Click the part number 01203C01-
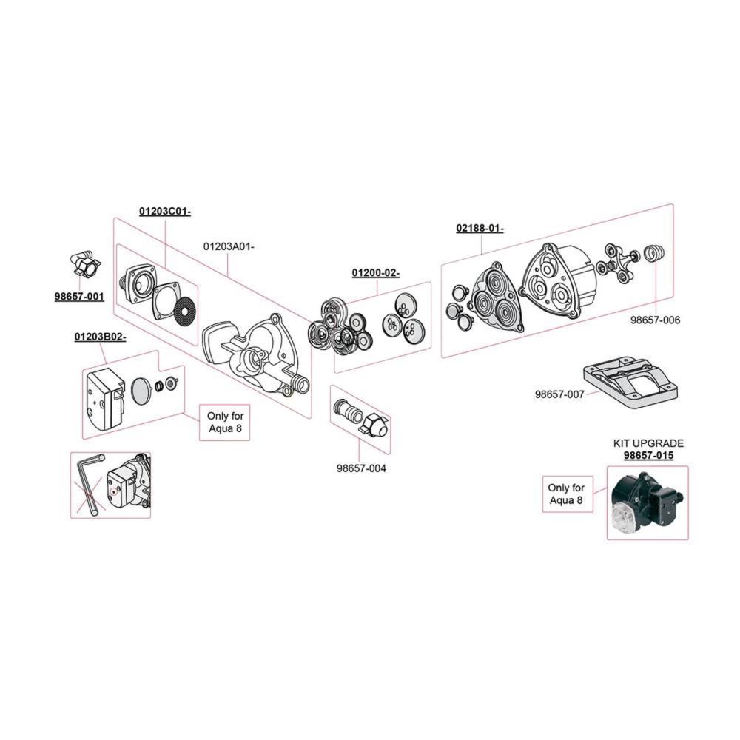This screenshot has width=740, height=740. tap(165, 211)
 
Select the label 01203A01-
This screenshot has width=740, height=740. tap(229, 246)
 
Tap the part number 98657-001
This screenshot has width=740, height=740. tap(79, 297)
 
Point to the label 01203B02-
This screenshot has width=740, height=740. tap(100, 337)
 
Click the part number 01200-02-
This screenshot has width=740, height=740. tap(376, 273)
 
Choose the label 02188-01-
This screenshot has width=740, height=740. tap(480, 228)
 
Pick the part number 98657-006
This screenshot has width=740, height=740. tap(656, 320)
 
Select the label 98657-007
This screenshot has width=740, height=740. tap(559, 394)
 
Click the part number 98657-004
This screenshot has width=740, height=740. tap(361, 468)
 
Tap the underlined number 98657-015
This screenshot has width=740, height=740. tap(648, 455)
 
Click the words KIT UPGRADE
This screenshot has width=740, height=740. tap(648, 443)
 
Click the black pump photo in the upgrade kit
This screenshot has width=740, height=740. tap(646, 502)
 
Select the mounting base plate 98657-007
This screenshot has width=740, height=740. tap(630, 382)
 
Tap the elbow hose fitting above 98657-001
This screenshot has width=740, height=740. tap(83, 265)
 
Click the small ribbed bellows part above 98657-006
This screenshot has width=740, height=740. tap(654, 252)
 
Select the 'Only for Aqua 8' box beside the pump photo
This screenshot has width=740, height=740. tap(568, 494)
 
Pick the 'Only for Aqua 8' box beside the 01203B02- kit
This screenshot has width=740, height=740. tap(225, 423)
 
